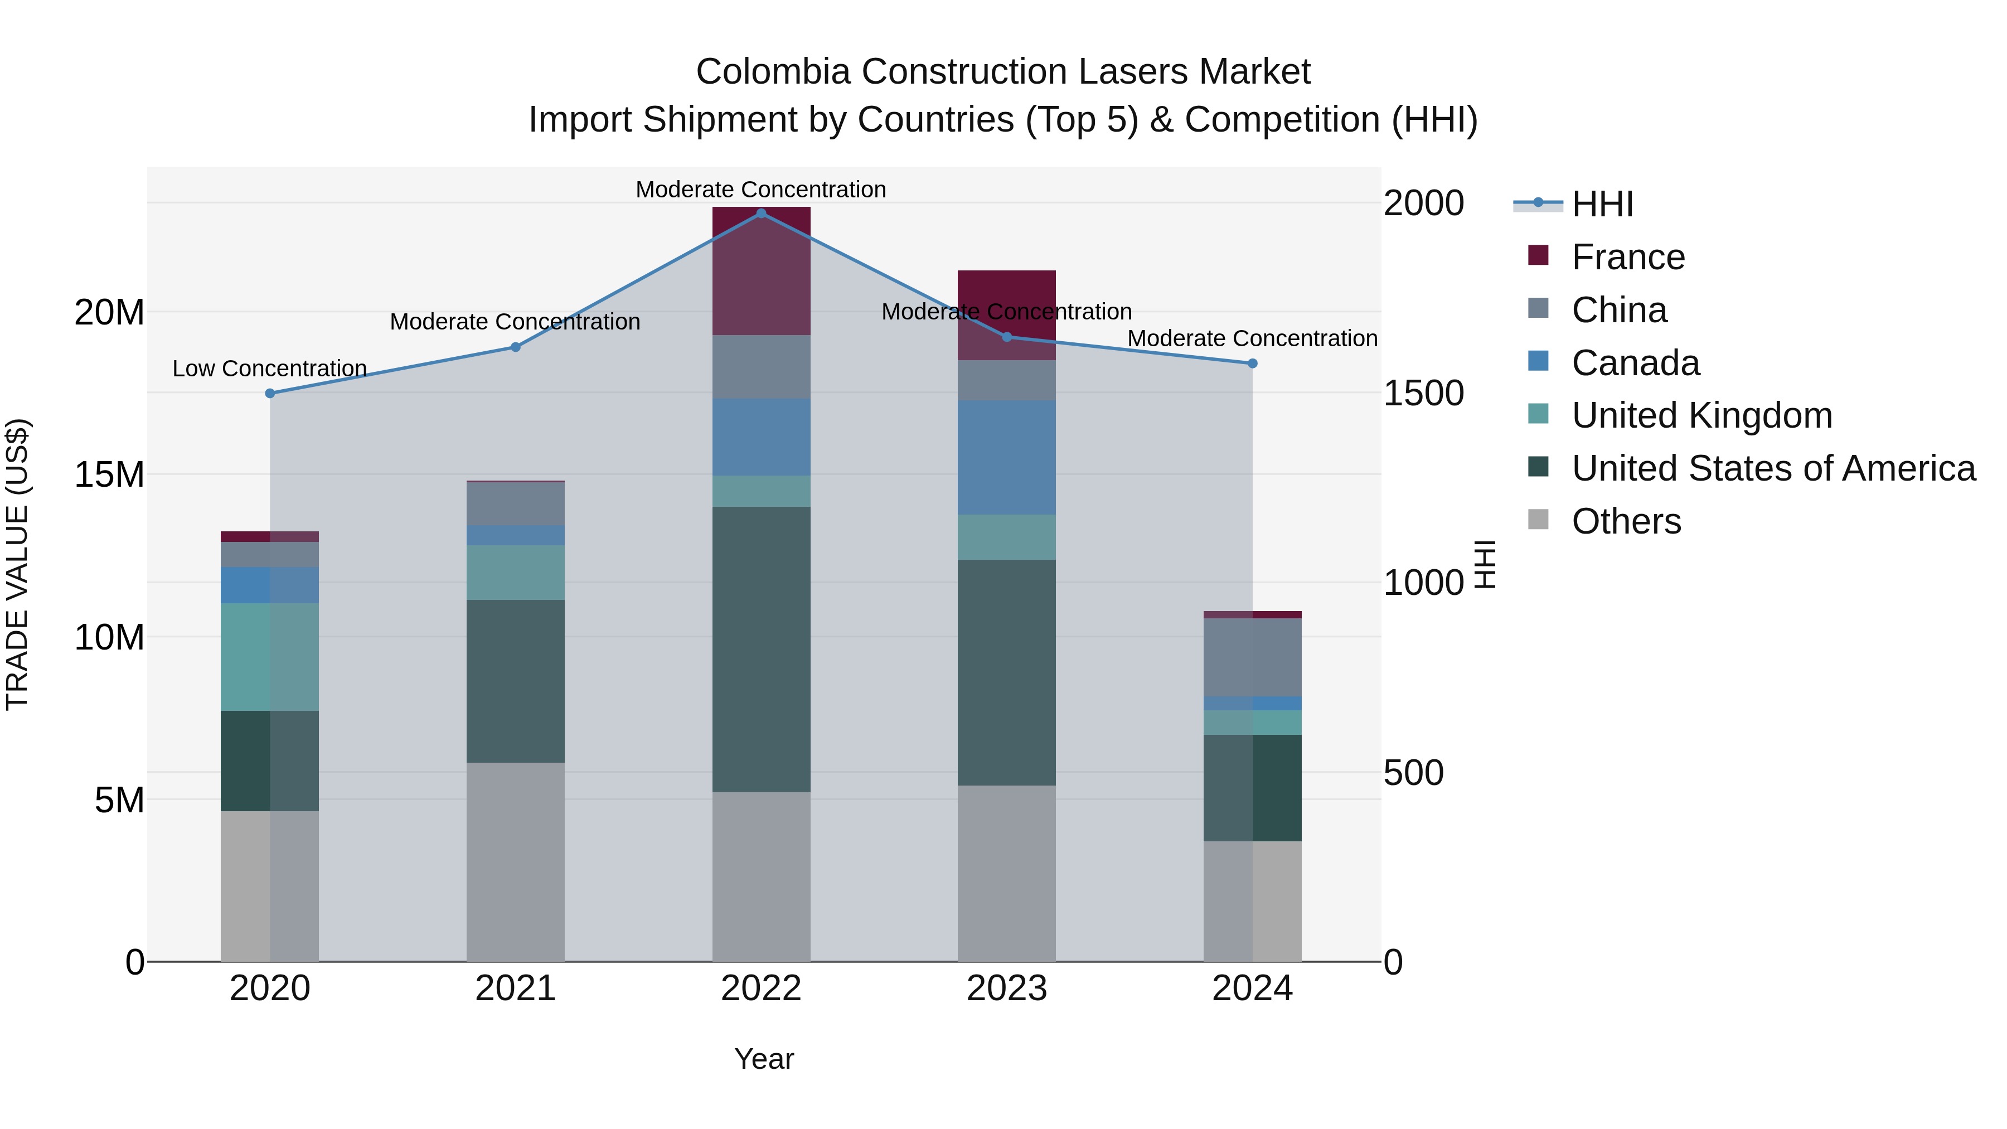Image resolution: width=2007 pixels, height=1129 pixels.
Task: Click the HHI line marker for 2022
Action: (761, 213)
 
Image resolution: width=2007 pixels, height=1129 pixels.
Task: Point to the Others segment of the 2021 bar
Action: (515, 861)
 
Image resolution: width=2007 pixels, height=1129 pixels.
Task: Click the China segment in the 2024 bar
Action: (1252, 657)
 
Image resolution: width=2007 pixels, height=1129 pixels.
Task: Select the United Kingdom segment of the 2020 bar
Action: (270, 657)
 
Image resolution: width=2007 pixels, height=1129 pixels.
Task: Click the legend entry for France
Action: (1627, 257)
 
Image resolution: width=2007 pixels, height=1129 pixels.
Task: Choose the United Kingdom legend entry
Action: (1701, 415)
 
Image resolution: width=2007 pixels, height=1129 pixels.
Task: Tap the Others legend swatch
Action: (1539, 519)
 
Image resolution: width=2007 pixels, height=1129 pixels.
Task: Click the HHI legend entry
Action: (1602, 204)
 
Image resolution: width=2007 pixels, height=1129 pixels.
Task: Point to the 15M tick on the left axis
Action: (109, 474)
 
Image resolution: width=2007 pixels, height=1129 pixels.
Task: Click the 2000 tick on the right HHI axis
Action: (1423, 203)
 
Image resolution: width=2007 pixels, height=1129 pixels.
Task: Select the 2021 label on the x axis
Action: (515, 989)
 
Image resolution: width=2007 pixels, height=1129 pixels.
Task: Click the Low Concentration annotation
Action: (270, 369)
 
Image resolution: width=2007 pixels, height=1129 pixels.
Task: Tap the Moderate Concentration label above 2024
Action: (1252, 339)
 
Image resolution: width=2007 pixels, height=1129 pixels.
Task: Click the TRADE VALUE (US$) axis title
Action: (17, 564)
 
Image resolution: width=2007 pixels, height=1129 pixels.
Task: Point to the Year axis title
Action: (764, 1059)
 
